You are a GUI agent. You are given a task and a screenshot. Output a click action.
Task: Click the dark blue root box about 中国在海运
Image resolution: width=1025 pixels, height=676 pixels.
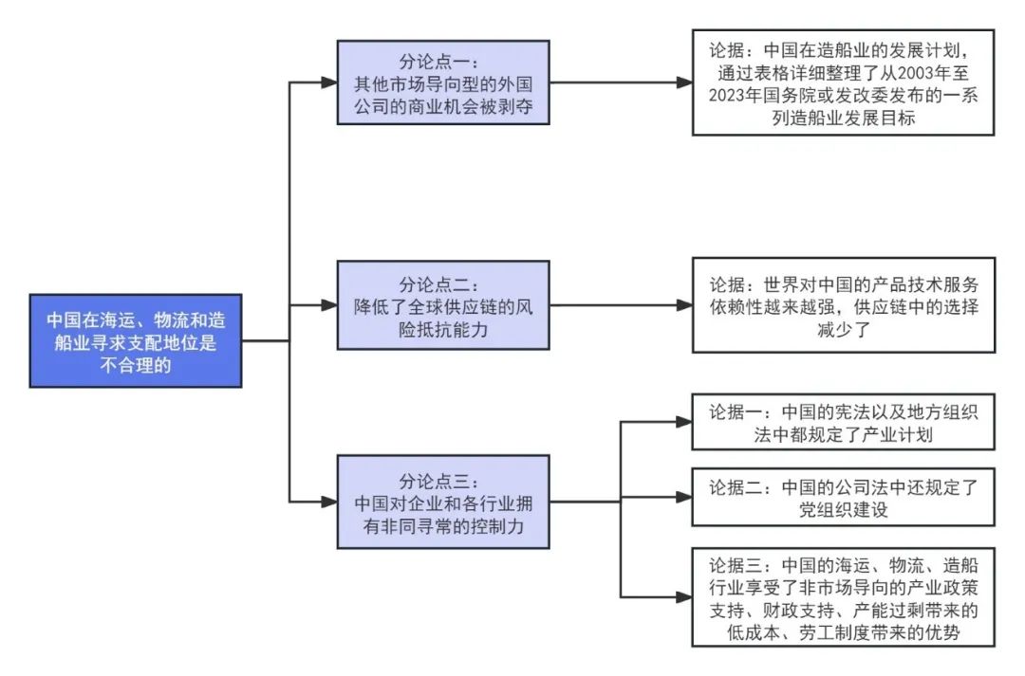(x=134, y=340)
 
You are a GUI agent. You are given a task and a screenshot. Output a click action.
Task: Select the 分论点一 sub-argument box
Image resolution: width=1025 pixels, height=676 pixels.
(x=443, y=82)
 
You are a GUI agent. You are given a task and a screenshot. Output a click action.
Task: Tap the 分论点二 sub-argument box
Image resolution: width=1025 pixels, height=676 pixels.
(x=443, y=305)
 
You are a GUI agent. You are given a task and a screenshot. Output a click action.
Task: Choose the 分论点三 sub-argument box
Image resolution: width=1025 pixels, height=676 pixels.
(x=443, y=501)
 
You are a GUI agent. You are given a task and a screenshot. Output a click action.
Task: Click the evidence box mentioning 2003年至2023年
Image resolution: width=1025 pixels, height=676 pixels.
(x=843, y=82)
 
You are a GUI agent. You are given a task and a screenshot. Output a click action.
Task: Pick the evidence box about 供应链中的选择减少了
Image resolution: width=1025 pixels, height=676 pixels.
(x=843, y=305)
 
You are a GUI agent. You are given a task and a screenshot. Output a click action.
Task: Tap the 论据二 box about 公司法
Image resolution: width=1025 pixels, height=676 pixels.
(x=843, y=496)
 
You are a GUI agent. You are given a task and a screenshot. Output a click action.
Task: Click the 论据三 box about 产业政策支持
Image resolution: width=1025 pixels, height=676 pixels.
(x=843, y=597)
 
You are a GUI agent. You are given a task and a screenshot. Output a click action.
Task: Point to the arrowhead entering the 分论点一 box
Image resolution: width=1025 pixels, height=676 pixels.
(x=329, y=82)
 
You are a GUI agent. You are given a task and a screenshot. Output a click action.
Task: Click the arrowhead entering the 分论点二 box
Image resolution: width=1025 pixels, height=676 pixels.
(x=329, y=305)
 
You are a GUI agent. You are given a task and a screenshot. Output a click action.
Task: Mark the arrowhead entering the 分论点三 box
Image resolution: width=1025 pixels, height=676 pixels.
(x=329, y=501)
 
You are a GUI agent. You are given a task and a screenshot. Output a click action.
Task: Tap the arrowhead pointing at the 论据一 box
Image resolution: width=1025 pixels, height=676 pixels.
(x=684, y=421)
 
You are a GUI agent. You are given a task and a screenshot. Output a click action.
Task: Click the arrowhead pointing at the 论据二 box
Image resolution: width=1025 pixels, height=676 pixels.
(x=684, y=496)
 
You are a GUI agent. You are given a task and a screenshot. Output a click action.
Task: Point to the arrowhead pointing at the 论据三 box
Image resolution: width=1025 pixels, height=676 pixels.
(x=684, y=597)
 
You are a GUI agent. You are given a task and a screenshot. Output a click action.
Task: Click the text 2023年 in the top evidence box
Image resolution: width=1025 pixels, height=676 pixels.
(x=738, y=97)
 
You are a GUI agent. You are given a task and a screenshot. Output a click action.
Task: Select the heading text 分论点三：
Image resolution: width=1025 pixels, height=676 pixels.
(x=443, y=480)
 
